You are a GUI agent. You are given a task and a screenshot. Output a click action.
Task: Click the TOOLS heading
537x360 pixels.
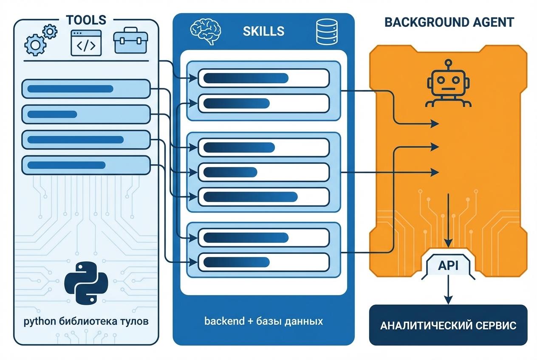pyautogui.click(x=86, y=20)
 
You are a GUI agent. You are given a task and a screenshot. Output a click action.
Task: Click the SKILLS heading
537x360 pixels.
pyautogui.click(x=263, y=31)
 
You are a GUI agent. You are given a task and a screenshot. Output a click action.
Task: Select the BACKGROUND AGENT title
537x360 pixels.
pyautogui.click(x=449, y=22)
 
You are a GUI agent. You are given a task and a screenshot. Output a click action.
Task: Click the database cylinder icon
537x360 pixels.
pyautogui.click(x=327, y=32)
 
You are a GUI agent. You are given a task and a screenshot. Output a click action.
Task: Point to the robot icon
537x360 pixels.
pyautogui.click(x=448, y=83)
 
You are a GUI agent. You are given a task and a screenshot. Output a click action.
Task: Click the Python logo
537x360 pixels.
pyautogui.click(x=86, y=283)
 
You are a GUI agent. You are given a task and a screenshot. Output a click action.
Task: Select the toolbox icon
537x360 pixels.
pyautogui.click(x=131, y=40)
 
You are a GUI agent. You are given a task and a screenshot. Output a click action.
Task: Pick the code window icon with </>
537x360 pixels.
pyautogui.click(x=86, y=43)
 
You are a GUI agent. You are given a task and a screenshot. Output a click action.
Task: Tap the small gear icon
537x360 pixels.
pyautogui.click(x=50, y=31)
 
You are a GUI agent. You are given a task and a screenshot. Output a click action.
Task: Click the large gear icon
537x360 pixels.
pyautogui.click(x=36, y=45)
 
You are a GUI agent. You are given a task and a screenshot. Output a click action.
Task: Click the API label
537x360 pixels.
pyautogui.click(x=448, y=266)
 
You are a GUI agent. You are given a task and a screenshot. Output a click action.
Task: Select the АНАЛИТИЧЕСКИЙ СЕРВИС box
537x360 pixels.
pyautogui.click(x=448, y=325)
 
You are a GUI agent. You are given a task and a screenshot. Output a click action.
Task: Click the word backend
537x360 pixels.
pyautogui.click(x=224, y=321)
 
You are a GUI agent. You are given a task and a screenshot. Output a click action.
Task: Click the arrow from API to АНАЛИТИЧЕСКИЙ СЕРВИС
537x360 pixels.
pyautogui.click(x=448, y=290)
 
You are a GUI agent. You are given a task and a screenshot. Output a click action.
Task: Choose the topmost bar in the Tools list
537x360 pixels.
pyautogui.click(x=86, y=89)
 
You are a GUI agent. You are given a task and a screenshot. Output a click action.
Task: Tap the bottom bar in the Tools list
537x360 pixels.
pyautogui.click(x=86, y=165)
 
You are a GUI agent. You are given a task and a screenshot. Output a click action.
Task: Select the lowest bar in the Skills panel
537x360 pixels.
pyautogui.click(x=264, y=262)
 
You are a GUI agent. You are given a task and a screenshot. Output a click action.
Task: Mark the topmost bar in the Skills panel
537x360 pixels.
pyautogui.click(x=264, y=78)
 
